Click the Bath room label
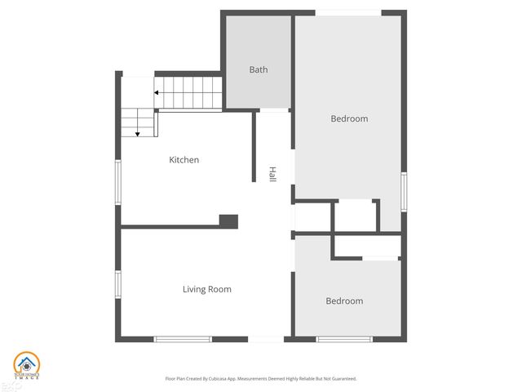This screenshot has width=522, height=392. pyautogui.click(x=259, y=70)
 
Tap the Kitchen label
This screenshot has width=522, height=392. pyautogui.click(x=184, y=160)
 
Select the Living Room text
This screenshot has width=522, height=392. pyautogui.click(x=206, y=289)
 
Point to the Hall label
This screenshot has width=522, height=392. pyautogui.click(x=272, y=174)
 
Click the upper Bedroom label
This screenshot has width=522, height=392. pyautogui.click(x=349, y=118)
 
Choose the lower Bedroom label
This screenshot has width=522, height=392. pyautogui.click(x=344, y=301)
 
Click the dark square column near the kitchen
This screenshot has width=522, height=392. pyautogui.click(x=228, y=220)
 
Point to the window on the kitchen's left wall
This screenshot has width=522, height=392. pyautogui.click(x=118, y=181)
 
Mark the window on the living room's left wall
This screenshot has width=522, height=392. pyautogui.click(x=118, y=283)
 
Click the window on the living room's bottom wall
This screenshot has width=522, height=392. pyautogui.click(x=183, y=339)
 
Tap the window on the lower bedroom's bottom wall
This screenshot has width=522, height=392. pyautogui.click(x=344, y=339)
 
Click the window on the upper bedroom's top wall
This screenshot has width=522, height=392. pyautogui.click(x=348, y=12)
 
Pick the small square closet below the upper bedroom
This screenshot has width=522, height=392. pyautogui.click(x=354, y=216)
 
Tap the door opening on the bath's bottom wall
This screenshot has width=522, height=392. pyautogui.click(x=274, y=109)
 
